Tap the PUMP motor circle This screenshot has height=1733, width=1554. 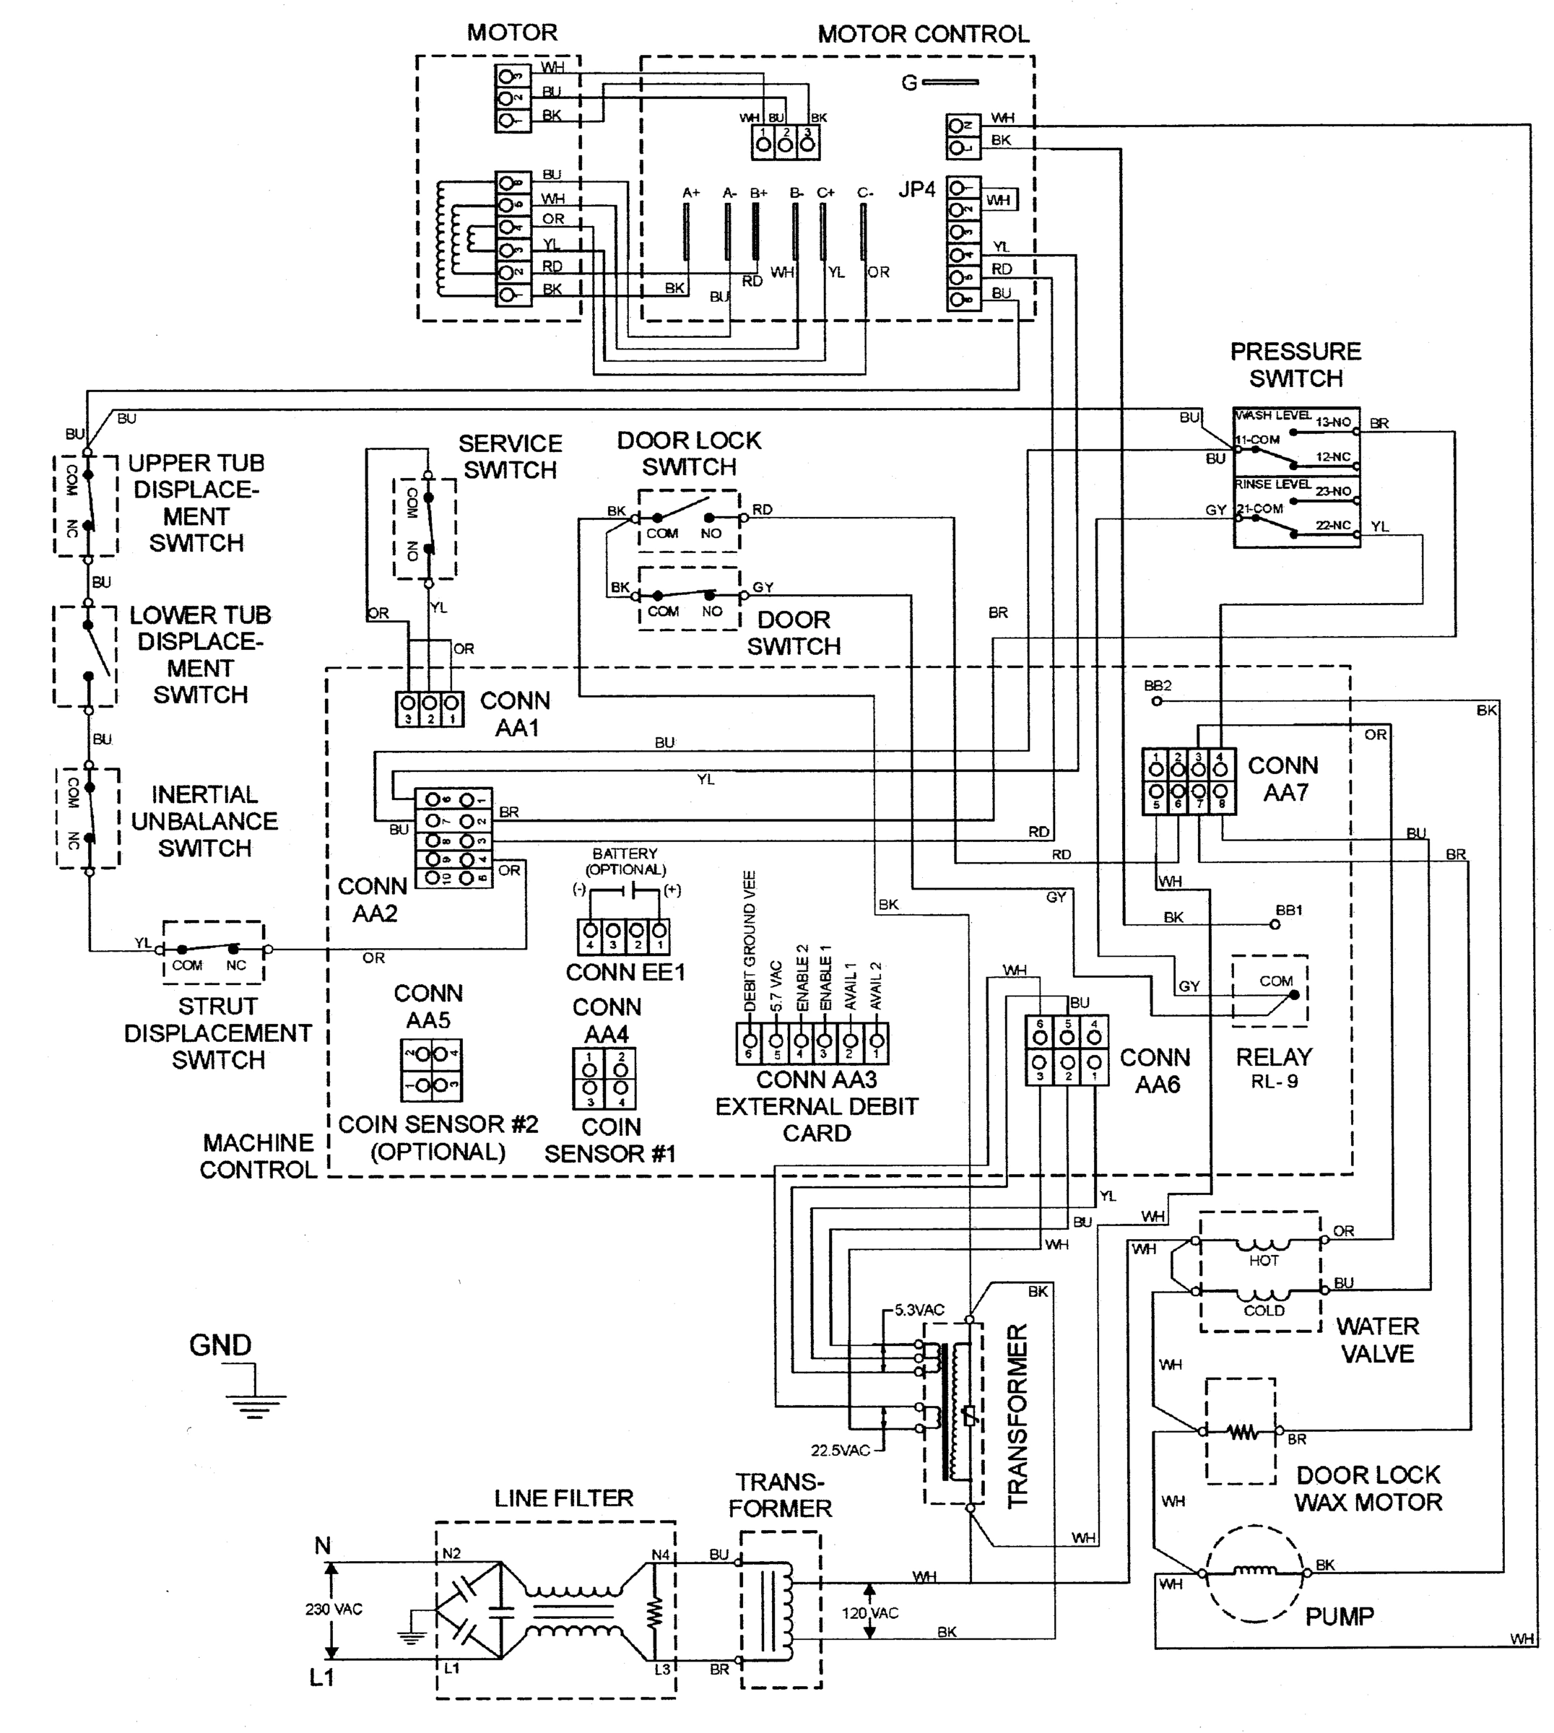[1254, 1573]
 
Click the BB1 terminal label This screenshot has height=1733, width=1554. [1288, 910]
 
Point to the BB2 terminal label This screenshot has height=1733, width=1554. [1157, 685]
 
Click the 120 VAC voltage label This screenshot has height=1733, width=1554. [870, 1612]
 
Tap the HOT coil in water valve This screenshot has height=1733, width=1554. [1263, 1246]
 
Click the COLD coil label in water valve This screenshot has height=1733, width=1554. [1264, 1311]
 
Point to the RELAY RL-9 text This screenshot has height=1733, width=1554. [1273, 1068]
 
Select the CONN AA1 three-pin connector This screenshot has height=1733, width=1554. [430, 708]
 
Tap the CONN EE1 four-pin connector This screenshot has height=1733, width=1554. [623, 936]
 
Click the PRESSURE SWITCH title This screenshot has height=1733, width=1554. [1295, 365]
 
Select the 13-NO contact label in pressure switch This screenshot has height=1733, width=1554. [1333, 422]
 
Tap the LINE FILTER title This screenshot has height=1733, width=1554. [563, 1498]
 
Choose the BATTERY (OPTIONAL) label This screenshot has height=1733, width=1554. [625, 861]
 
